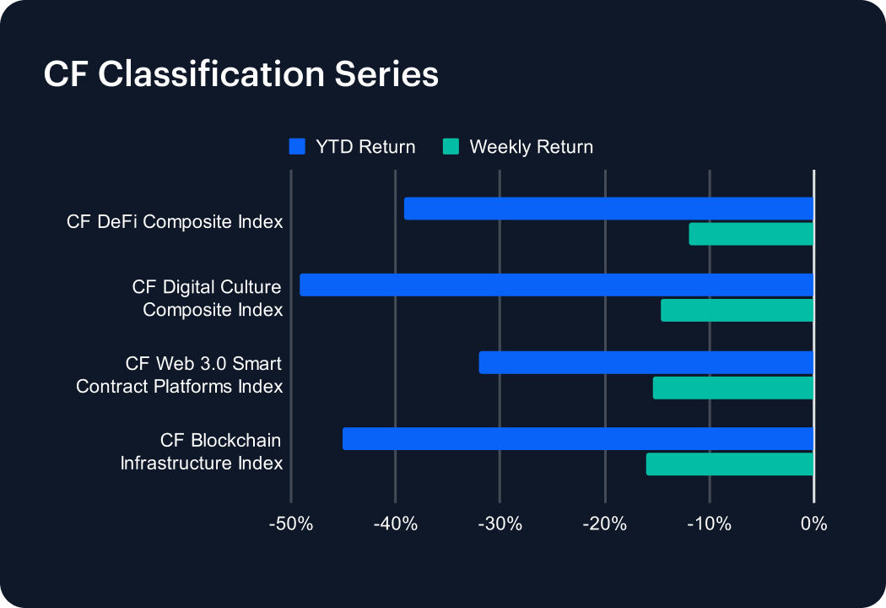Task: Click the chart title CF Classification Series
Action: [240, 74]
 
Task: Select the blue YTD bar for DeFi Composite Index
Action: [608, 209]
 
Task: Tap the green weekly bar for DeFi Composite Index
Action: [751, 234]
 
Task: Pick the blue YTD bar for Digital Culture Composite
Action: [557, 285]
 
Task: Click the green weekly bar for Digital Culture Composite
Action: [737, 311]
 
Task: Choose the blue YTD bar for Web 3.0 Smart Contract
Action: [646, 362]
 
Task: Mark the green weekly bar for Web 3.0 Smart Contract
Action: [733, 388]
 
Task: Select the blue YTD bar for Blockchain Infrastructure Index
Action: [578, 439]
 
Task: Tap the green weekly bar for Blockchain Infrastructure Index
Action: [730, 464]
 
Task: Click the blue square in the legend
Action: [297, 146]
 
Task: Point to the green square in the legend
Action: [451, 146]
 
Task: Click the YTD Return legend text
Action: [365, 147]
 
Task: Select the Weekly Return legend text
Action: [531, 147]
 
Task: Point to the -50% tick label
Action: [291, 524]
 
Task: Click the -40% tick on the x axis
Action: [396, 524]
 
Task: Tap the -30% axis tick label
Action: [500, 524]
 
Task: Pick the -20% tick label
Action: [605, 524]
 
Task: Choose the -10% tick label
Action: [709, 524]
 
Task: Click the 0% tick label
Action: [814, 524]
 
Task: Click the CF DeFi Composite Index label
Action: [175, 222]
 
